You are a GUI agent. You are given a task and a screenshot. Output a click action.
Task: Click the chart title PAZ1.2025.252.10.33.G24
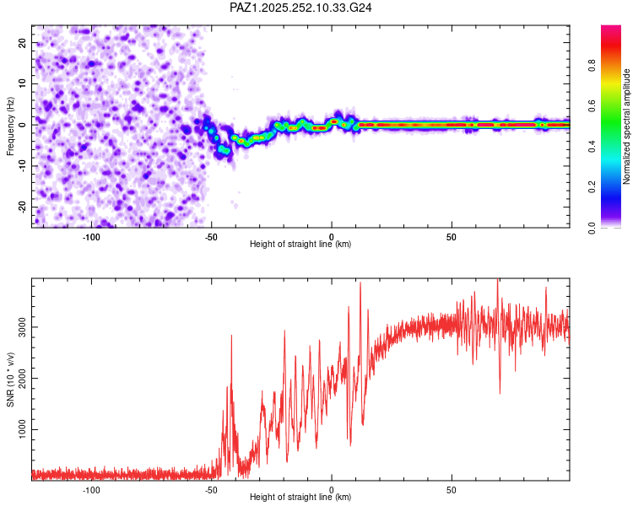(x=300, y=8)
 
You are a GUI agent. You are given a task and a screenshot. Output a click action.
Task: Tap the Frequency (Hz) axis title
(x=10, y=125)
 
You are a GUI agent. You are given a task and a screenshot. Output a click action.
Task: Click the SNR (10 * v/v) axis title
(x=10, y=377)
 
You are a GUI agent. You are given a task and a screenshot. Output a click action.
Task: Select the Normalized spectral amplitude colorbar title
(x=627, y=127)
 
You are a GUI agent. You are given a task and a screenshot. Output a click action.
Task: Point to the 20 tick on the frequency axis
(x=23, y=42)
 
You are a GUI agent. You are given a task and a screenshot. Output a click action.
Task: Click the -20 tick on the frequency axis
(x=21, y=207)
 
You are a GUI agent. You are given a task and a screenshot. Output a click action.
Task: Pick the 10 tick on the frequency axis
(x=23, y=83)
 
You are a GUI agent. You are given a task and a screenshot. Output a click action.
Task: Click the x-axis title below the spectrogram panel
(x=300, y=245)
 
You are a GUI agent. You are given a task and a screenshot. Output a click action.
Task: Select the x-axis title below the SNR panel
(x=300, y=498)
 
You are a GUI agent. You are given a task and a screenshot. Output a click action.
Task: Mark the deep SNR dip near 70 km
(x=500, y=392)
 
